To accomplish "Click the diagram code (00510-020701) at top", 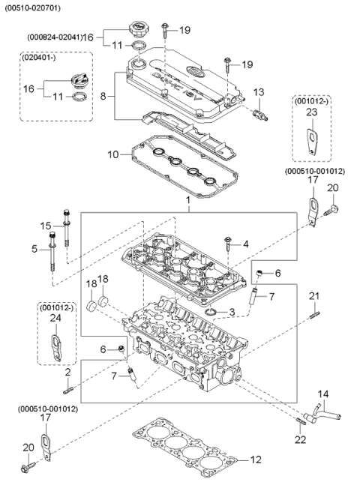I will pos(33,7).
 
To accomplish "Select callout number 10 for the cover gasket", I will pos(112,155).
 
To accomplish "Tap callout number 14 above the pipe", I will pos(324,394).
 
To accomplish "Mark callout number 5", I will pos(35,248).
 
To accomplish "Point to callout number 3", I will pos(232,311).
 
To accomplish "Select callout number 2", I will pos(67,373).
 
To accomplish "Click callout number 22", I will pos(300,439).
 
